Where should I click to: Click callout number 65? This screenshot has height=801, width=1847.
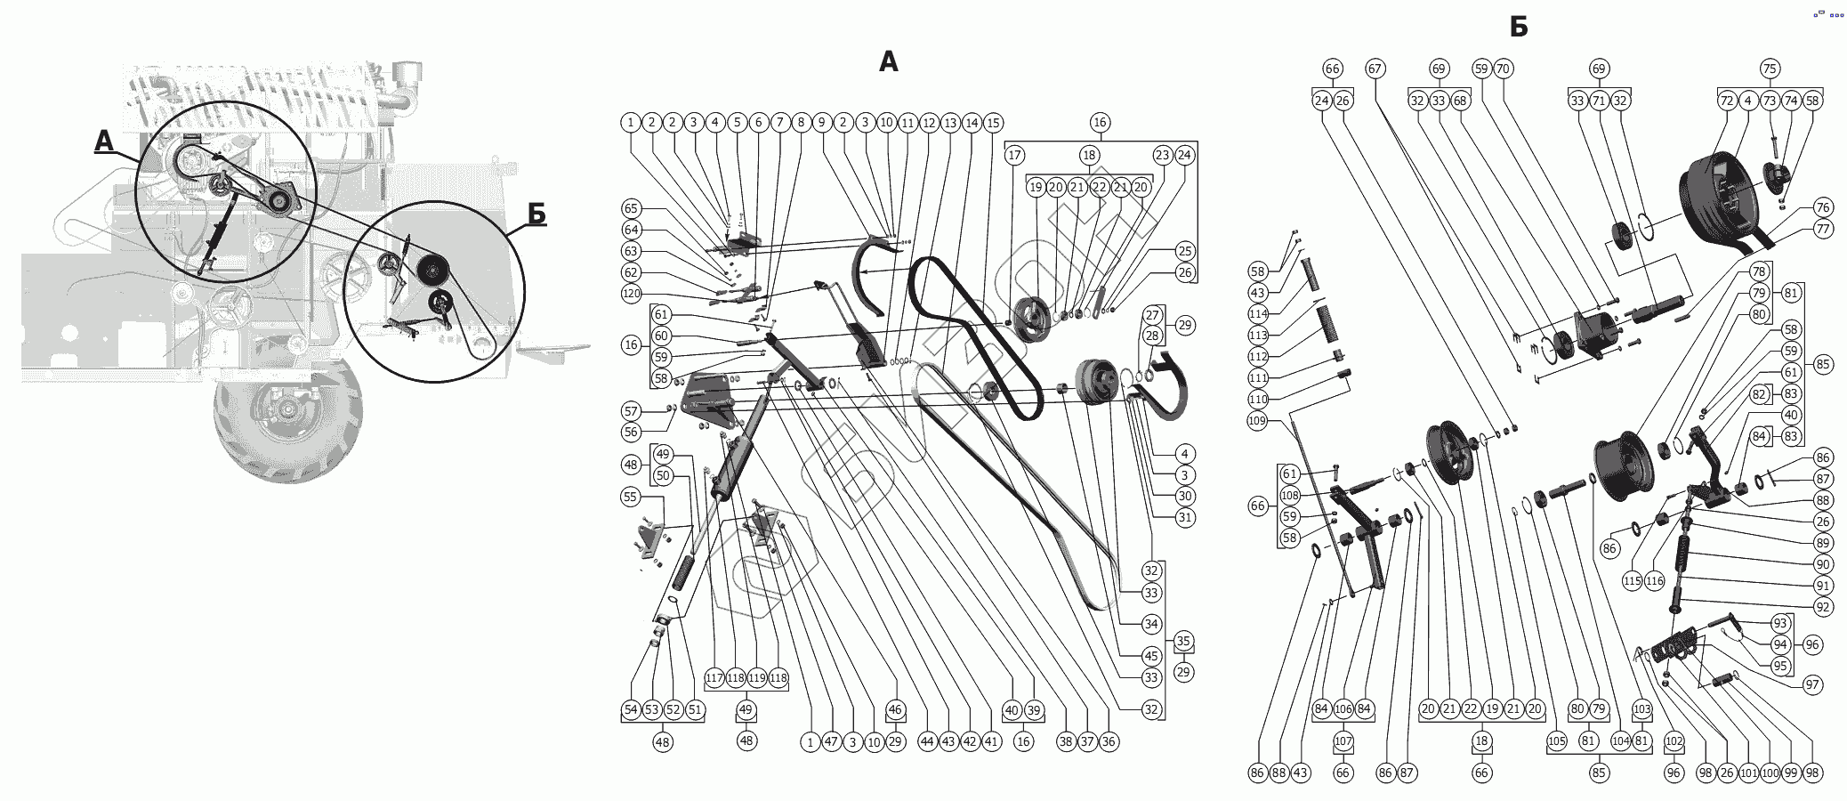(631, 208)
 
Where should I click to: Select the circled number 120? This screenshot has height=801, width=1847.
(631, 294)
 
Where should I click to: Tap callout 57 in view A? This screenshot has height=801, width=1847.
(631, 411)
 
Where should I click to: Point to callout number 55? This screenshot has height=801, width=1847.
(631, 497)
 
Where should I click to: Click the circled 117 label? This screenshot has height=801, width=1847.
(714, 678)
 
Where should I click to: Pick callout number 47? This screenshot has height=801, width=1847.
(831, 741)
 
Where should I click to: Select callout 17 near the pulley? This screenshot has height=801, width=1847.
(1014, 155)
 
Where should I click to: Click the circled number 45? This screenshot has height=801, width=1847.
(1152, 656)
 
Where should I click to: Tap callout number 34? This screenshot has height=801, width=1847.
(1152, 624)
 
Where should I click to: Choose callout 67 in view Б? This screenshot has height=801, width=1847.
(1375, 69)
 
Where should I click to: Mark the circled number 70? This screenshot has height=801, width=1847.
(1503, 69)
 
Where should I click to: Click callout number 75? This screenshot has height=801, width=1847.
(1770, 69)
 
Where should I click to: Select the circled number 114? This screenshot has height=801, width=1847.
(1257, 314)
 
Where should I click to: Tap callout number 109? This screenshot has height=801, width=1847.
(1257, 421)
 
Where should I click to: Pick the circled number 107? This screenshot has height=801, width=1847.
(1343, 740)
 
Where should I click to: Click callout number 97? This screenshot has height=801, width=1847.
(1812, 684)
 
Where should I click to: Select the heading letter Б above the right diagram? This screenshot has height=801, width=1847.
(1519, 28)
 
